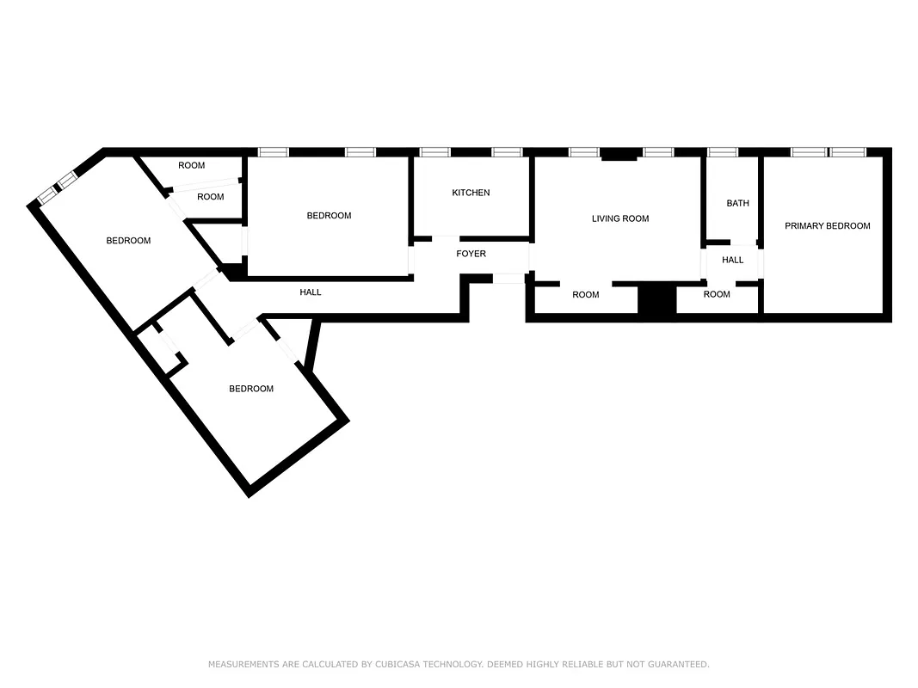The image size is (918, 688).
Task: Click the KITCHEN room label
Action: [x=471, y=193]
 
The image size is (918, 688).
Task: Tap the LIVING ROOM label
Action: [x=620, y=218]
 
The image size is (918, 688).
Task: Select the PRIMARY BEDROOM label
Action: [x=827, y=226]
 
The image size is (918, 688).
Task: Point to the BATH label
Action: [x=737, y=204]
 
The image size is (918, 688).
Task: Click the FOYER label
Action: [x=471, y=254]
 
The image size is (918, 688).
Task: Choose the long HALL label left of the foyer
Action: [x=311, y=292]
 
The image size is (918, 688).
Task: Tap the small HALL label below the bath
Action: [x=732, y=260]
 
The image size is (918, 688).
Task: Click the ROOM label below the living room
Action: [x=585, y=295]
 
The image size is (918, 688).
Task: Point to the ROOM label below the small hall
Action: [x=717, y=294]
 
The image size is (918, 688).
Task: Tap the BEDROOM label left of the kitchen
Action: [x=329, y=216]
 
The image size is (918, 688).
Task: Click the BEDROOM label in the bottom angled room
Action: [x=250, y=389]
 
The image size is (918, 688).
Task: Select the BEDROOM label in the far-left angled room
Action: [x=128, y=241]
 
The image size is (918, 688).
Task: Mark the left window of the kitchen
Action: [x=434, y=152]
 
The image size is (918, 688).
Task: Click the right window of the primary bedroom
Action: [x=847, y=152]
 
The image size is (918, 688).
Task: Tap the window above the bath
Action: [x=722, y=152]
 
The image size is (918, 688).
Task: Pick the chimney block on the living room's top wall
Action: [x=619, y=156]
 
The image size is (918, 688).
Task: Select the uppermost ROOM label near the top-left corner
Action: [x=191, y=165]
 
